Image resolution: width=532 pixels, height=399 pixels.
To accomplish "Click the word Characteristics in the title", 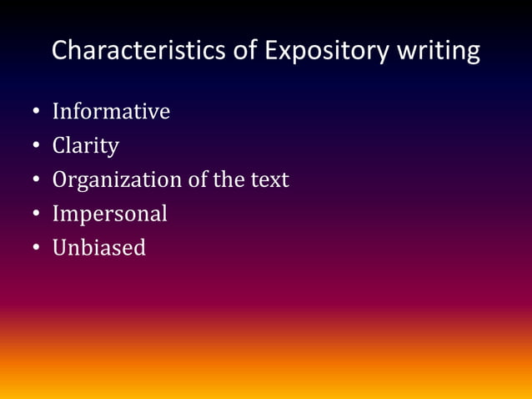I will coord(147,50).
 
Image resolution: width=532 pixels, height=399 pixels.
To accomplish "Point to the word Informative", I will coord(111,111).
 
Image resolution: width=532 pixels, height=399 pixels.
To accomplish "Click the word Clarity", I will coord(85,146).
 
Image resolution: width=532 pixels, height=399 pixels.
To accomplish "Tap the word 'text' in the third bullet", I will coord(270,179).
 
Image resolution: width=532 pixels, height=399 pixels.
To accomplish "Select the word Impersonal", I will coord(109,214).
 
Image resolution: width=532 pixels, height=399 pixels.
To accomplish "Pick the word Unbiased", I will coord(98,248).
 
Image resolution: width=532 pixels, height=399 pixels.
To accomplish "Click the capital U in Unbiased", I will coord(60,248).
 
